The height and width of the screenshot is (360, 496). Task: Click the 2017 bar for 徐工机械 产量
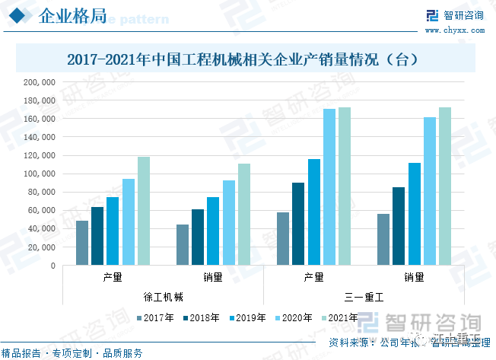(81, 243)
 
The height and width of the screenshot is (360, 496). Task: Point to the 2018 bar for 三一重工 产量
(298, 224)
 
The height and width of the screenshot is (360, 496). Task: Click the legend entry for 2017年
(154, 317)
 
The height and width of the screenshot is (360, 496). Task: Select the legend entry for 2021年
(339, 317)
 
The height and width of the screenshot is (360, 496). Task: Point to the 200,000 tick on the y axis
(39, 82)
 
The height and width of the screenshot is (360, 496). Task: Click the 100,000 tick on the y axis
(39, 174)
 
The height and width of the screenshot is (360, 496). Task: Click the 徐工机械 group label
(163, 295)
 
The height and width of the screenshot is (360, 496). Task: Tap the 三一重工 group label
(364, 295)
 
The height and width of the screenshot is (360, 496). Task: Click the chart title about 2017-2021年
(247, 59)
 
